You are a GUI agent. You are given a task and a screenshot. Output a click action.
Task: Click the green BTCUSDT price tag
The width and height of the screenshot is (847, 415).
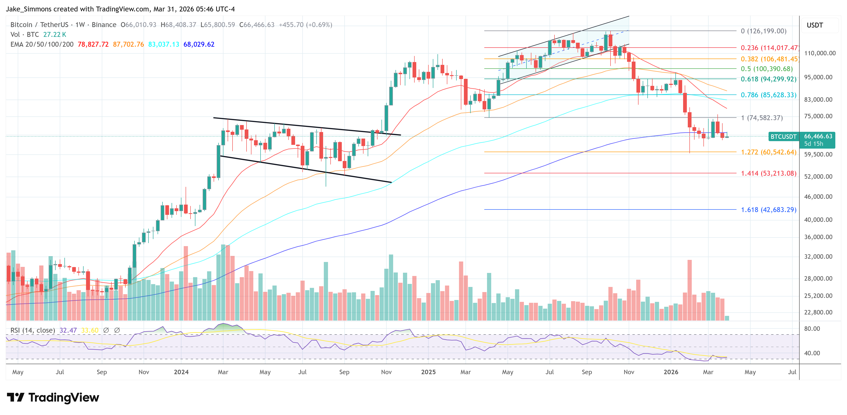(783, 137)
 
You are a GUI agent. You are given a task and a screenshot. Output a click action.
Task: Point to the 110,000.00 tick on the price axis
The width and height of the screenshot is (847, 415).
(820, 53)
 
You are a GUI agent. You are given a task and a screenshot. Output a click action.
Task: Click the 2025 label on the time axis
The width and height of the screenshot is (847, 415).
(428, 372)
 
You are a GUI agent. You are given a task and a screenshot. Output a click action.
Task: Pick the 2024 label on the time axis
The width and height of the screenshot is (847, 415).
(181, 372)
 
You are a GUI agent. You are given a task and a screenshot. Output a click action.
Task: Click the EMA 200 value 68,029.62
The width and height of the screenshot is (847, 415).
(199, 44)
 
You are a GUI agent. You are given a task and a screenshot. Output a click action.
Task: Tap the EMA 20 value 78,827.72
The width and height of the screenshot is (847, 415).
(93, 44)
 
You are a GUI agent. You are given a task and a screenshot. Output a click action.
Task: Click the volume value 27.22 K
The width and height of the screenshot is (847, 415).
(55, 35)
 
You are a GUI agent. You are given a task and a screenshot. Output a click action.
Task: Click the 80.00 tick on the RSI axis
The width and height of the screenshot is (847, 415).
(812, 329)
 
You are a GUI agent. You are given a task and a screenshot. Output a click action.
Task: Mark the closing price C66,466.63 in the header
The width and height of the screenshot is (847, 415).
(257, 25)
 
